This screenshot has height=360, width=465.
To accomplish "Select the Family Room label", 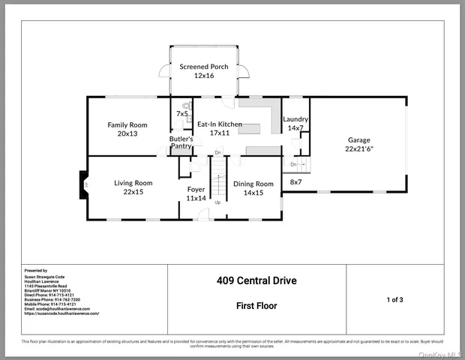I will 127,129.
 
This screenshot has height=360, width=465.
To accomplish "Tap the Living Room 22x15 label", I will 133,187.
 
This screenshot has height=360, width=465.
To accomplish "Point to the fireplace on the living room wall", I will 85,184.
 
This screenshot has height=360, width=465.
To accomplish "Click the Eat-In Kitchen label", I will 219,128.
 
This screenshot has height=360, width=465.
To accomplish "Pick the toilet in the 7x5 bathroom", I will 185,106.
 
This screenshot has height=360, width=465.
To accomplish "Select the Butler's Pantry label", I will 181,142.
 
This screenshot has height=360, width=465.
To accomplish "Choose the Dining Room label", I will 253,187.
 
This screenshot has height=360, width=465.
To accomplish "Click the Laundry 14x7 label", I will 295,124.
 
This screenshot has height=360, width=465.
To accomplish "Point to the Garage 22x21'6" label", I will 358,144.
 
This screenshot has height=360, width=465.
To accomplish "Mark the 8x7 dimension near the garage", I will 295,182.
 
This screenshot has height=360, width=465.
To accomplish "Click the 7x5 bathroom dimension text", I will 182,114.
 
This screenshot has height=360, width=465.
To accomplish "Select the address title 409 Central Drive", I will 256,281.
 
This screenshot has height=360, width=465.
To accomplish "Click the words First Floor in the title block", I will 256,306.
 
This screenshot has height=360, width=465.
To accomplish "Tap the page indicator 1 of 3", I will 395,299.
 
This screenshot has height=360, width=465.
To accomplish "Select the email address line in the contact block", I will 57,308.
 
